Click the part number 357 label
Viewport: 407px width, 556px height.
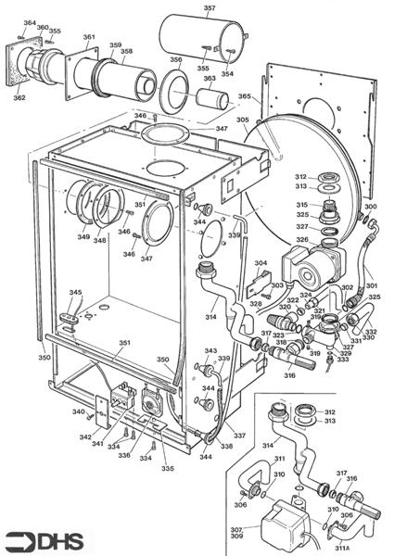(209, 8)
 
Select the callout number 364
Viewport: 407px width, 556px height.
(29, 23)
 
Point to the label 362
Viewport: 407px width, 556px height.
(19, 96)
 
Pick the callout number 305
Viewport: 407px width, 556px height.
(242, 120)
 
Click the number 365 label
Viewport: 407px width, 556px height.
(244, 96)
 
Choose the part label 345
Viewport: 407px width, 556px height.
(75, 293)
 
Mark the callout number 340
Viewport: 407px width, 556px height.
(79, 412)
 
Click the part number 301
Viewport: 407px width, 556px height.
(372, 272)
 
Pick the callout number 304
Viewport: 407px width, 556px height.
(261, 263)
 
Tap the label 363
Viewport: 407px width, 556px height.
(210, 80)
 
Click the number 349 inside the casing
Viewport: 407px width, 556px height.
(83, 237)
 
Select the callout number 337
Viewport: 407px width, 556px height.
(239, 436)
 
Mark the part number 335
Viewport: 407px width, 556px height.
(167, 469)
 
